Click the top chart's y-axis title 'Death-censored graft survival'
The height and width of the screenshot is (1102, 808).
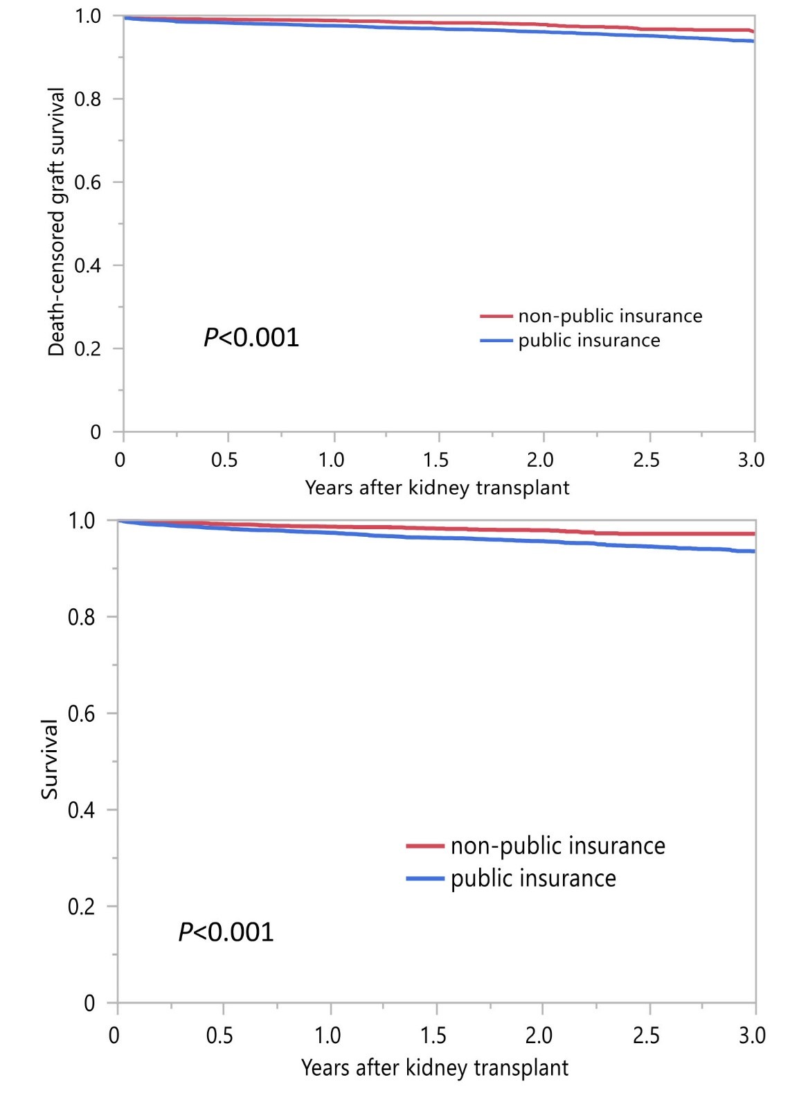pos(56,222)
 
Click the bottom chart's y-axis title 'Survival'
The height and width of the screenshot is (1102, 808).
pos(50,759)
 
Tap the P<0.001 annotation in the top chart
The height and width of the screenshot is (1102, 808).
pos(251,338)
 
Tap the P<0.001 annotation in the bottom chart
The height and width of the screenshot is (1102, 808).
pos(226,932)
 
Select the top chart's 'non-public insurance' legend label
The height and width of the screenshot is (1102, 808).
pos(610,317)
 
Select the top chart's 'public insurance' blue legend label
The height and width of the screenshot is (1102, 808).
pos(589,341)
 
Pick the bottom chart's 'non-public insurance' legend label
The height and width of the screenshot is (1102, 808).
pos(557,846)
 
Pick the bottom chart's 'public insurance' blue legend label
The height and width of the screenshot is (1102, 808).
pos(533,878)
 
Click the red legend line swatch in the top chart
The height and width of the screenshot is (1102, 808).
pos(496,317)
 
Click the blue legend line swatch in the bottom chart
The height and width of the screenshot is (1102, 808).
pos(425,878)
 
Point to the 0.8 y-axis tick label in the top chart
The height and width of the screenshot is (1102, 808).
pos(89,99)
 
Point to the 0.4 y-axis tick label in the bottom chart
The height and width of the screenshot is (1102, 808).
pos(82,810)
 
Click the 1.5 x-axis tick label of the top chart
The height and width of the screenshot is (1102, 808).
pos(436,460)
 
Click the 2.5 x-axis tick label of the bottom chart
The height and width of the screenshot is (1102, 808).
pos(646,1036)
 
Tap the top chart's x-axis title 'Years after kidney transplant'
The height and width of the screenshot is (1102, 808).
pos(437,488)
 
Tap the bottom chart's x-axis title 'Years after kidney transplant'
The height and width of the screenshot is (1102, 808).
pos(435,1067)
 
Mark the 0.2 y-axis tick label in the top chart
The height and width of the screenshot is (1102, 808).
pos(89,348)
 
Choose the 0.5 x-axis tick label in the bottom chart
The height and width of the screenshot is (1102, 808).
pos(219,1036)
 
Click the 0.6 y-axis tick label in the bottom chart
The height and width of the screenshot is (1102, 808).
pos(82,713)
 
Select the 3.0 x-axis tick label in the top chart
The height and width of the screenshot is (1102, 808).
pos(751,460)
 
